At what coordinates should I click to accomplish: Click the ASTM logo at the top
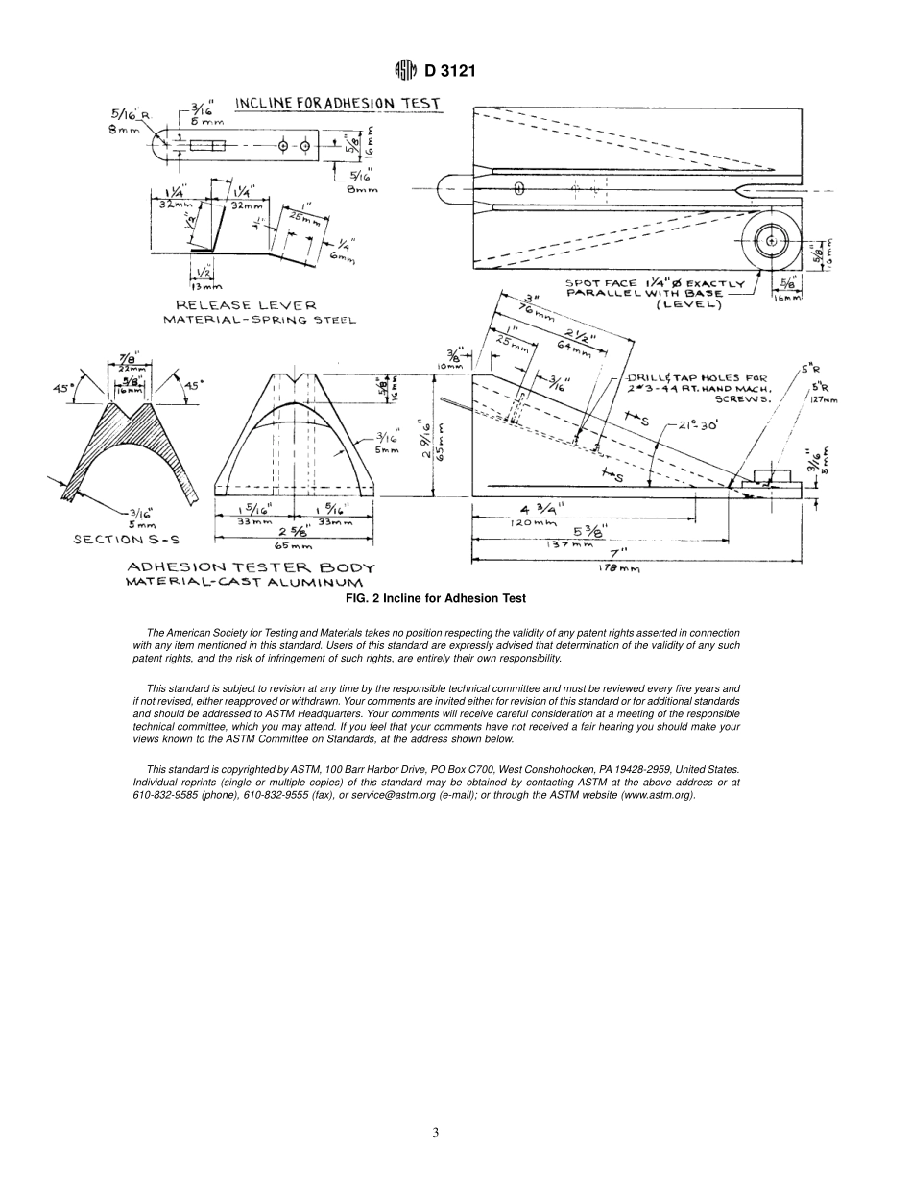click(404, 71)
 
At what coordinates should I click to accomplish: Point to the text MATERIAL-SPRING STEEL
click(259, 320)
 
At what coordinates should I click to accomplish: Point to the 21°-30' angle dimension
click(697, 425)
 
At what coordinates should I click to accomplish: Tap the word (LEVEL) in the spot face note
click(689, 305)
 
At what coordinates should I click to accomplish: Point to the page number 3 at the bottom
click(435, 1132)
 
